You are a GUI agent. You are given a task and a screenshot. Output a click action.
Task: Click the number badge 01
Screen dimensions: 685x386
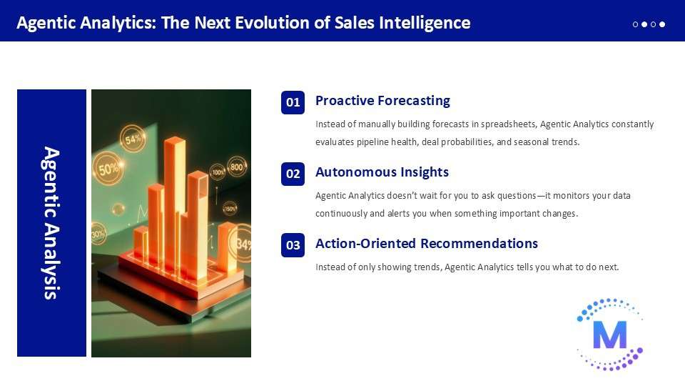[x=293, y=102]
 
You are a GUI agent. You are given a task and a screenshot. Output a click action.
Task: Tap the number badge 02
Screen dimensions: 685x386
[x=293, y=174]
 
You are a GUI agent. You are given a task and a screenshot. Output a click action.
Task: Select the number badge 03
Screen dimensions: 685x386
[x=293, y=245]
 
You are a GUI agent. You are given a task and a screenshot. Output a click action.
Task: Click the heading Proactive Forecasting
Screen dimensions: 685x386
[x=382, y=101]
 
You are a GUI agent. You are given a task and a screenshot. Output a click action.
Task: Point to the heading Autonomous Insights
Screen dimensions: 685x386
[x=382, y=172]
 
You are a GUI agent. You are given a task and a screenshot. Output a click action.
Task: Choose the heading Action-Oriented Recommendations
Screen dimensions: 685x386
[x=427, y=243]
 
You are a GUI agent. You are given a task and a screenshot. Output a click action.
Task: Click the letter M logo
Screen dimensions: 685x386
[x=610, y=335]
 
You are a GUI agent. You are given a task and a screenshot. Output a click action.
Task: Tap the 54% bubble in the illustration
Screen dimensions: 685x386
[x=133, y=139]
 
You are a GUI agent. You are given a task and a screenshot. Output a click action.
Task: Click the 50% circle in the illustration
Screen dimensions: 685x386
[x=108, y=169]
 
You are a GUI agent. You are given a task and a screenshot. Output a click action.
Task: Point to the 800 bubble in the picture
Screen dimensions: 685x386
[x=237, y=167]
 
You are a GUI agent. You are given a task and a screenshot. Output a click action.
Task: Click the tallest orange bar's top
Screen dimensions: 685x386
[x=175, y=142]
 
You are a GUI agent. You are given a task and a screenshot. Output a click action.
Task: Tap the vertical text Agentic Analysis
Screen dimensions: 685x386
[x=51, y=223]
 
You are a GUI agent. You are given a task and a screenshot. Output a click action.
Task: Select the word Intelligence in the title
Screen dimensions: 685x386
[x=425, y=23]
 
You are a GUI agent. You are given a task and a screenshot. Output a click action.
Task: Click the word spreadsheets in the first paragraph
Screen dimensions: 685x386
[x=508, y=124]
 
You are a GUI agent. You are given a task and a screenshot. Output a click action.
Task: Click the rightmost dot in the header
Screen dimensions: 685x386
[x=662, y=24]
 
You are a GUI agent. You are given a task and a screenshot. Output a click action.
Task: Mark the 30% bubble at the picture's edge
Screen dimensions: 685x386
[x=98, y=234]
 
